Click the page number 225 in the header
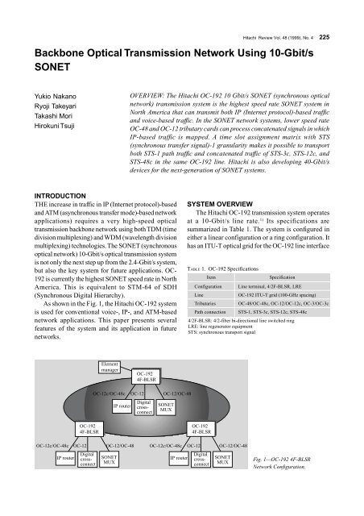[x=348, y=12]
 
